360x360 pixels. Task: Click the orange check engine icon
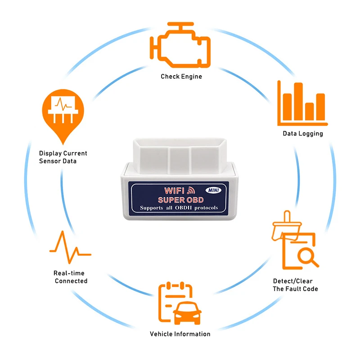(180, 45)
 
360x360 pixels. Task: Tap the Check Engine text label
(181, 76)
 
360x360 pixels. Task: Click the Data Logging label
(302, 134)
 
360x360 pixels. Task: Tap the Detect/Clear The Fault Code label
(295, 285)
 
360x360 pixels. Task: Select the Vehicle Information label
(180, 334)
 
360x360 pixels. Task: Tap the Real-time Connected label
(70, 277)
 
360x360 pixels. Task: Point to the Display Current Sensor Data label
(63, 157)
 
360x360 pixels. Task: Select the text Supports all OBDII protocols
(179, 207)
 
